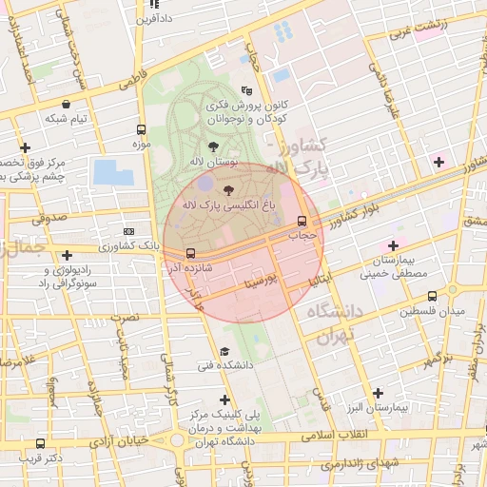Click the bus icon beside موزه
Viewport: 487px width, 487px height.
click(141, 130)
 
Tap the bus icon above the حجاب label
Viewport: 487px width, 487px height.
click(302, 219)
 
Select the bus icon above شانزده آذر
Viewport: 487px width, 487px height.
click(191, 254)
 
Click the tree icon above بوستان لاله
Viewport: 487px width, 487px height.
click(211, 146)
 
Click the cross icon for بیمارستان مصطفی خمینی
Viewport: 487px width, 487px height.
click(392, 246)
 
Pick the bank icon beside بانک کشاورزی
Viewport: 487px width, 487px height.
click(129, 231)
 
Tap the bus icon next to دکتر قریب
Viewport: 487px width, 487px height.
click(40, 443)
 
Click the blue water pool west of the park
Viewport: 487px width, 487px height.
click(113, 172)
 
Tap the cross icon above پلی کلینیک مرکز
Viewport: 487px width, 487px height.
click(224, 399)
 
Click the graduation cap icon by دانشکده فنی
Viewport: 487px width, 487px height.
click(224, 351)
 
